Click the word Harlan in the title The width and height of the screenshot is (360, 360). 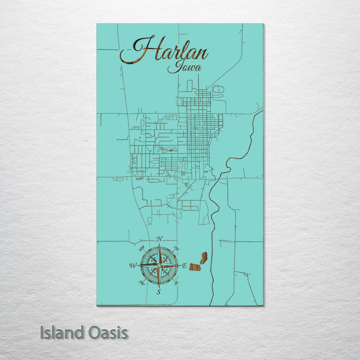tap(165, 50)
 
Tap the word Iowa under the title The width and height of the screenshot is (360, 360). tap(181, 67)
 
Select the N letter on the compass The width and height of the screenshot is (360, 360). tap(159, 239)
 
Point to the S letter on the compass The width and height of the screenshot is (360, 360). tap(158, 292)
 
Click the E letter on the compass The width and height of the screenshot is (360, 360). tap(184, 266)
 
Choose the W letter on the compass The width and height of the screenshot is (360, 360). tap(133, 265)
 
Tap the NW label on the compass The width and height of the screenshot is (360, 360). tap(141, 247)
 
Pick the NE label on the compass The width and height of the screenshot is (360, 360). tap(176, 247)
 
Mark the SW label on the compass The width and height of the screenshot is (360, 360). tap(141, 284)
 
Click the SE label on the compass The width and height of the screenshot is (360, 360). tap(176, 284)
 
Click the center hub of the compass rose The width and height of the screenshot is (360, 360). tap(159, 265)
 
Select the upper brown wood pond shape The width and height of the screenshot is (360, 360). tap(203, 257)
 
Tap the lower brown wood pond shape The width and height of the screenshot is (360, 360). tap(194, 267)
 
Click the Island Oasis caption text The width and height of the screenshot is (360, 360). tap(84, 332)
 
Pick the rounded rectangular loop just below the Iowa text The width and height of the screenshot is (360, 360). tap(189, 85)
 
